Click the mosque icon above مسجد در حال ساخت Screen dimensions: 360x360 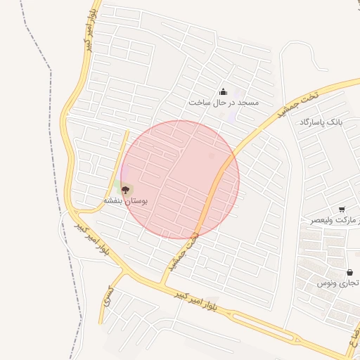(x=224, y=91)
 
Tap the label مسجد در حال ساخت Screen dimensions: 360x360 (x=224, y=103)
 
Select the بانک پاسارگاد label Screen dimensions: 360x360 (x=320, y=122)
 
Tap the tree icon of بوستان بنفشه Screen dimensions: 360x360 (x=126, y=189)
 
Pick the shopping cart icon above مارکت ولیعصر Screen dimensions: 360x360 (x=342, y=210)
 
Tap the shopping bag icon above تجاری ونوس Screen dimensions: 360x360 (x=349, y=272)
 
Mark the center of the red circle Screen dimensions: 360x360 (x=180, y=179)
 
